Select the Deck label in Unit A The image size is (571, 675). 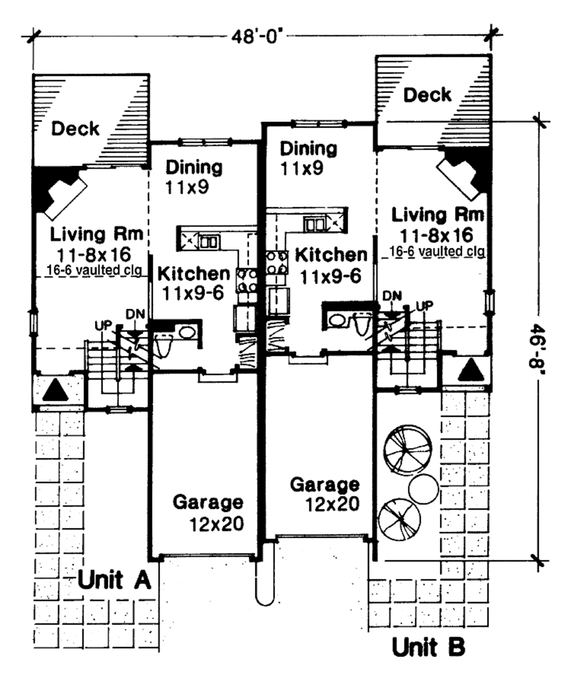coord(75,129)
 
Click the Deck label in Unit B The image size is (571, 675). coord(427,95)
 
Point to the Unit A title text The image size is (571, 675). coord(114,580)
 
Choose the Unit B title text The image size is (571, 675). coord(428,647)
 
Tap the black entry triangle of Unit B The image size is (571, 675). coord(472,370)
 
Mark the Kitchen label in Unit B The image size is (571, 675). coord(330,255)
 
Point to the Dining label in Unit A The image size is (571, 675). coord(194,167)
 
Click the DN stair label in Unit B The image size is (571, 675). coord(392,296)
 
